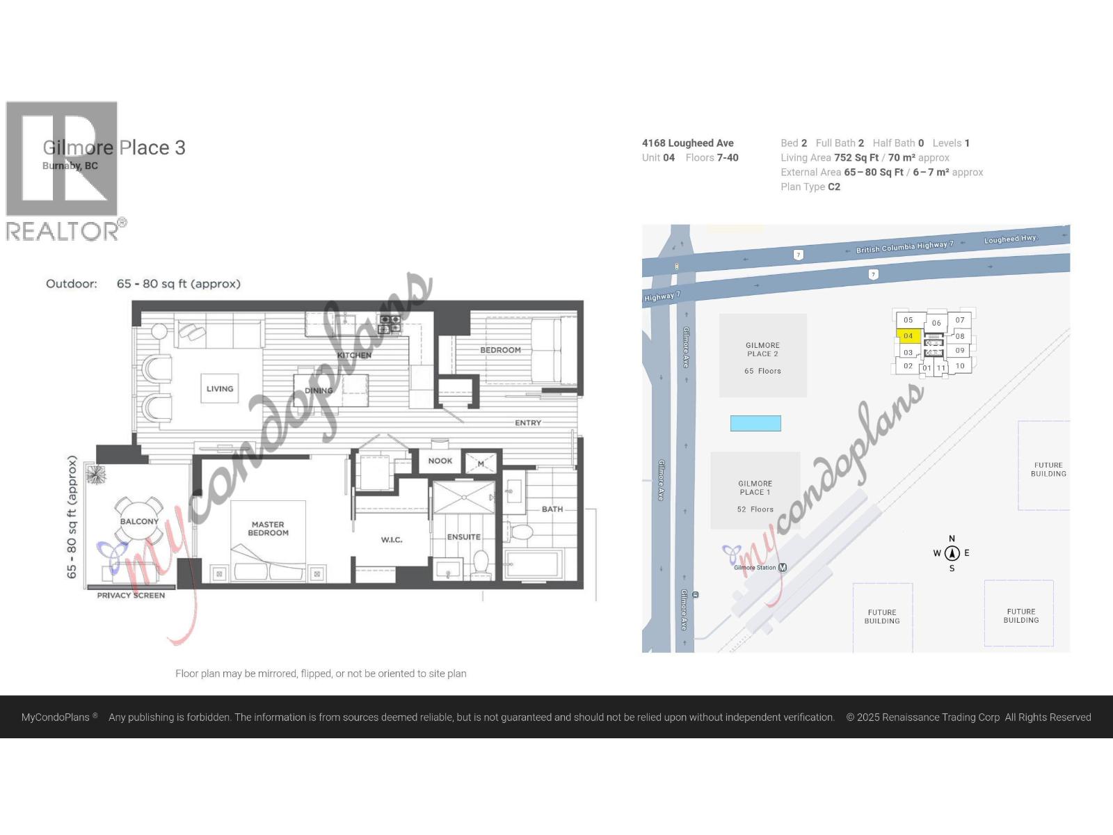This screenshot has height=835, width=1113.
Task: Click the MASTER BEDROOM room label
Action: coord(268,529)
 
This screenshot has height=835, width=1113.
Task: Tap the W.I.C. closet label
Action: coord(392,540)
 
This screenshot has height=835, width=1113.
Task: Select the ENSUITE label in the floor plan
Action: coord(464,537)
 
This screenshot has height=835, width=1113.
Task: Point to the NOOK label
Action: coord(440,461)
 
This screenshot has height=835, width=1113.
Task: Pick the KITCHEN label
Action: coord(354,355)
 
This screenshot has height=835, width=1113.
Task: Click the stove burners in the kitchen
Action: coord(390,324)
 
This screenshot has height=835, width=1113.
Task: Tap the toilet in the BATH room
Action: coord(519,533)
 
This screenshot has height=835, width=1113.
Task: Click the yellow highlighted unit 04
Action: coord(908,336)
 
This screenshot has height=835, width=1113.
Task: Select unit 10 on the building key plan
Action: coord(960,366)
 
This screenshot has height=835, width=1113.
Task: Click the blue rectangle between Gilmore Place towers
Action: coord(755,423)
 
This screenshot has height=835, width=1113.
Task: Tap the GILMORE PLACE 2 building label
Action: coord(762,349)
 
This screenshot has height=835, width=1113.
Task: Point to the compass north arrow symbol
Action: coord(952,553)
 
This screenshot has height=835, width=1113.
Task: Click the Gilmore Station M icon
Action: coord(783,568)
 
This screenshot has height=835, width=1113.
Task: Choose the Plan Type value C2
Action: coord(834,186)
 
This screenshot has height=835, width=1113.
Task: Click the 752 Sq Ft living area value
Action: coord(856,158)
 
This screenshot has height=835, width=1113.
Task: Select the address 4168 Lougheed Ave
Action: coord(687,143)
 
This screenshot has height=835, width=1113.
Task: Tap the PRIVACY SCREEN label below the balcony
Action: coord(131,596)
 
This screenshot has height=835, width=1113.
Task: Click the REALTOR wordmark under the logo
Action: coord(63,232)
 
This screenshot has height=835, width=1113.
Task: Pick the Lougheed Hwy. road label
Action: coord(1011,239)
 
